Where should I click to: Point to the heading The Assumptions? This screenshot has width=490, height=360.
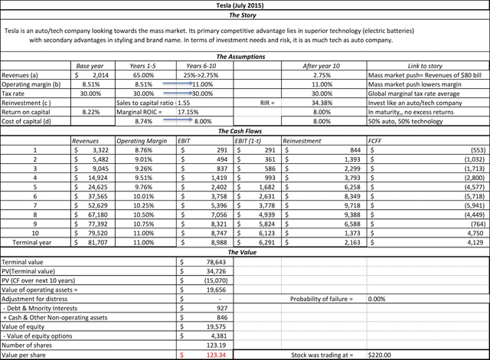(244, 57)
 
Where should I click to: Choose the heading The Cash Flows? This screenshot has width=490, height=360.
(244, 131)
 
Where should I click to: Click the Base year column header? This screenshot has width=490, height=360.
(91, 67)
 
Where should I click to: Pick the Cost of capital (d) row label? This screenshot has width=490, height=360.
(30, 121)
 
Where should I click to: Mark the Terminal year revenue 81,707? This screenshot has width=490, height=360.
(95, 242)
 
